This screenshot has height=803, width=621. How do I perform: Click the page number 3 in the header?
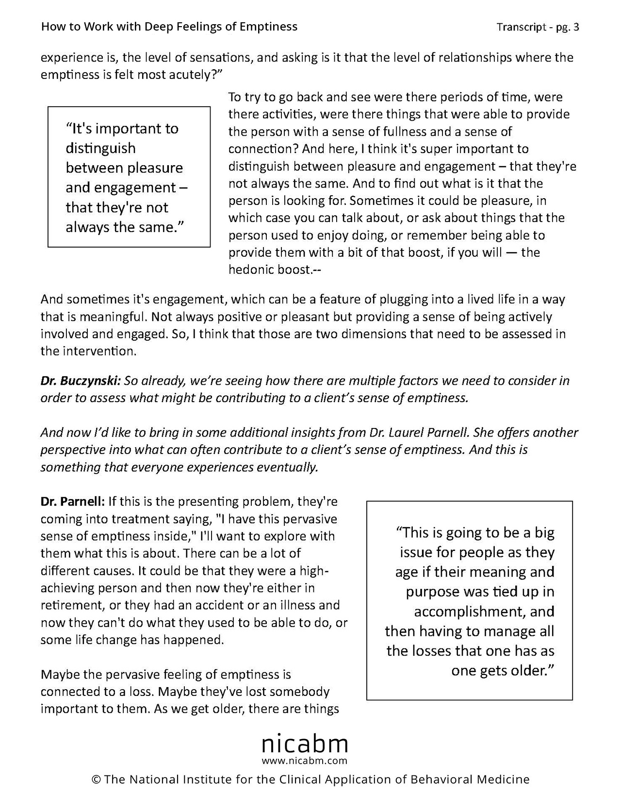(576, 27)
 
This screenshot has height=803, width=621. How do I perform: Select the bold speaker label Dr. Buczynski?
(81, 381)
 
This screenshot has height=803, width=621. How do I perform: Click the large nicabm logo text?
(305, 743)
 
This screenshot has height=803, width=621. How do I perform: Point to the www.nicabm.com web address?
(305, 760)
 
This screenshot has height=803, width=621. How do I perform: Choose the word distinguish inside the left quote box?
(100, 148)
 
